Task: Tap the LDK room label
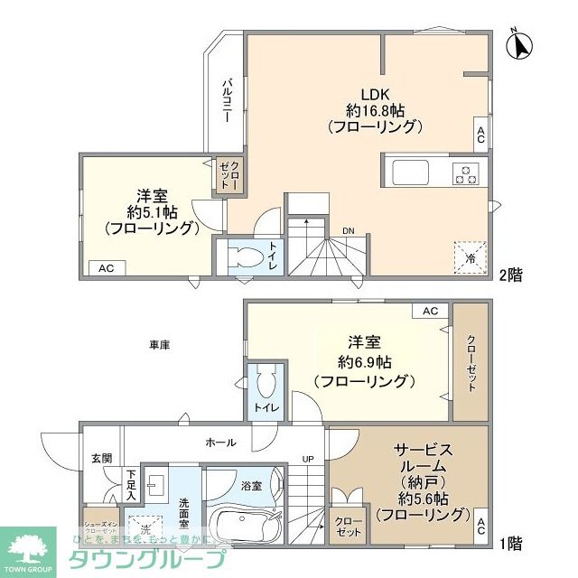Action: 375,93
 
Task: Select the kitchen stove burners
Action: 468,172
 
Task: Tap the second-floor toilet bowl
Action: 240,256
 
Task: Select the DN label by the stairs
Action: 348,231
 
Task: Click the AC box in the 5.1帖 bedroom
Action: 106,267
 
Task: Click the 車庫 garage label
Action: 160,345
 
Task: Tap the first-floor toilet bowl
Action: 265,385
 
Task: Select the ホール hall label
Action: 221,443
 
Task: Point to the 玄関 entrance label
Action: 101,459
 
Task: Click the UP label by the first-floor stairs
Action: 308,459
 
